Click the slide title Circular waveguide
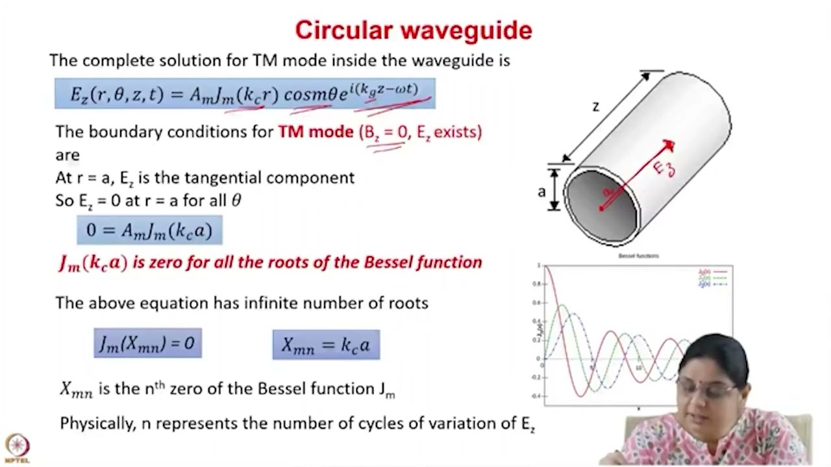(414, 30)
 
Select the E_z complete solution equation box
(245, 93)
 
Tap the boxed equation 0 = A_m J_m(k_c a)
(149, 230)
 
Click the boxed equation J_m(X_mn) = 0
(147, 343)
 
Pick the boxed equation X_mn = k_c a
(326, 344)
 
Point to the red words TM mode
(316, 132)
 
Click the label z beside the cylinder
(595, 106)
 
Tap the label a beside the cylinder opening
(541, 191)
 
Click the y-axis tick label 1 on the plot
(539, 266)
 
